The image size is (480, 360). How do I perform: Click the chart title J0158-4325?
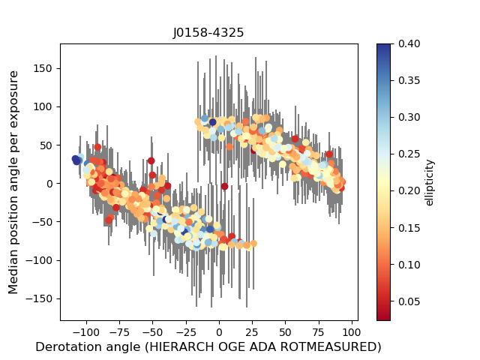point(208,33)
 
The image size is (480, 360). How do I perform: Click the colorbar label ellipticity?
point(430,181)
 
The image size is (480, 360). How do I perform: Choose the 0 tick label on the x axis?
point(219,331)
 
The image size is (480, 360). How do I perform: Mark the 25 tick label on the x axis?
point(253,331)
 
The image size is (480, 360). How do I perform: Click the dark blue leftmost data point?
point(76,160)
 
